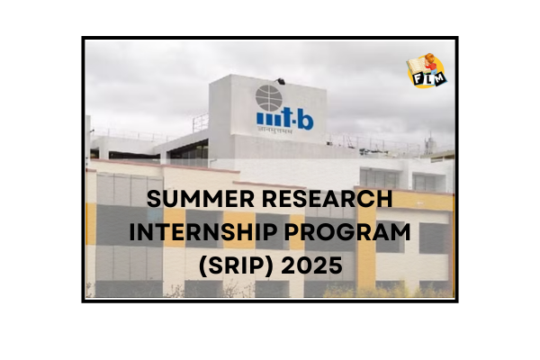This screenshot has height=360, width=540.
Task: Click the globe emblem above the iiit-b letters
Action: click(268, 96)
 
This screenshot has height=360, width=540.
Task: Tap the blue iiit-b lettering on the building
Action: click(284, 120)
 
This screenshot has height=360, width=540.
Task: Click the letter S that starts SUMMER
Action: click(153, 200)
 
